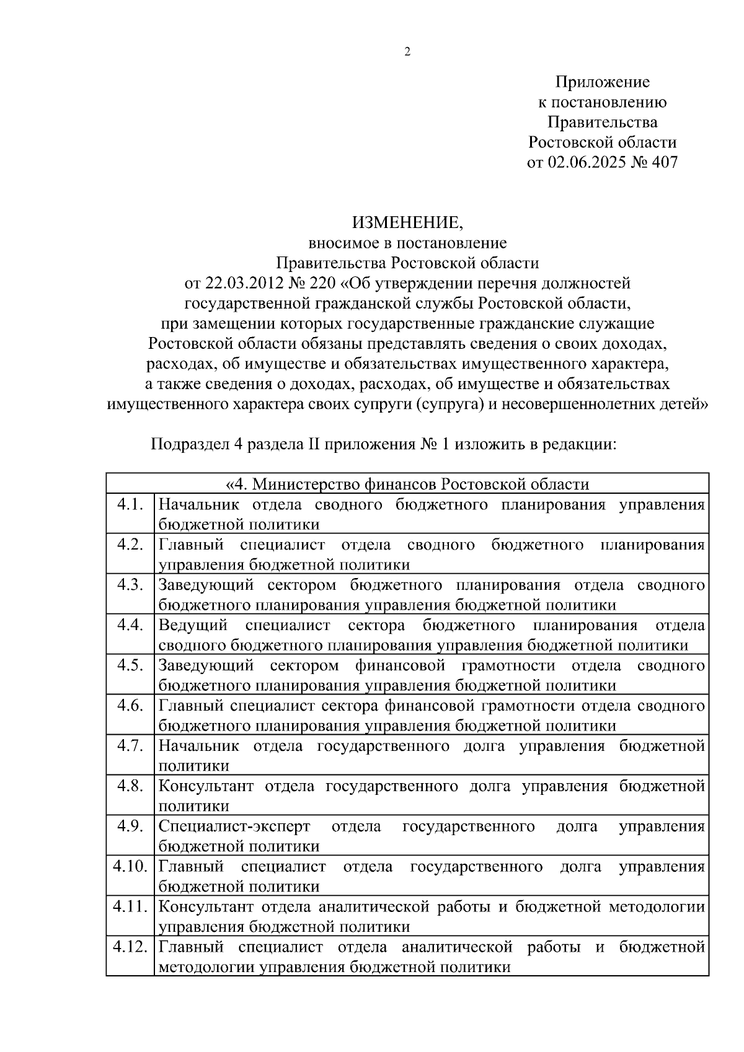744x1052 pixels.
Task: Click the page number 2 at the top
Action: click(x=407, y=52)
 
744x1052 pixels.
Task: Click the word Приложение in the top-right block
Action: click(x=602, y=82)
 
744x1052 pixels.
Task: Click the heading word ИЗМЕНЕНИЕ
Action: click(x=407, y=222)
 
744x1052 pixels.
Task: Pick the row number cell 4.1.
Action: click(x=130, y=504)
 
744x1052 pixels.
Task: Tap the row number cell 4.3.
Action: click(x=130, y=585)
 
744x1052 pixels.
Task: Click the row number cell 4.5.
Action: click(x=130, y=665)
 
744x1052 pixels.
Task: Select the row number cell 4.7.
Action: click(x=130, y=746)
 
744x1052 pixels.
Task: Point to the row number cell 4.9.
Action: click(x=130, y=826)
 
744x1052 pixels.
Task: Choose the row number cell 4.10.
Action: click(x=130, y=867)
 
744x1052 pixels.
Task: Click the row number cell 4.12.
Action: click(x=130, y=947)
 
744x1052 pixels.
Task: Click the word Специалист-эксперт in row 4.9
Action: click(x=234, y=826)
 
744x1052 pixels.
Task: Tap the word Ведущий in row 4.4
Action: click(x=193, y=625)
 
